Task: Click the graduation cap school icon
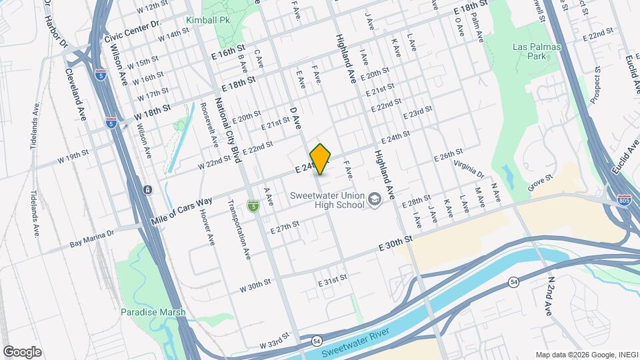[375, 199]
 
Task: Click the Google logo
[22, 351]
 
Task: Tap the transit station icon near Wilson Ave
[147, 190]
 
